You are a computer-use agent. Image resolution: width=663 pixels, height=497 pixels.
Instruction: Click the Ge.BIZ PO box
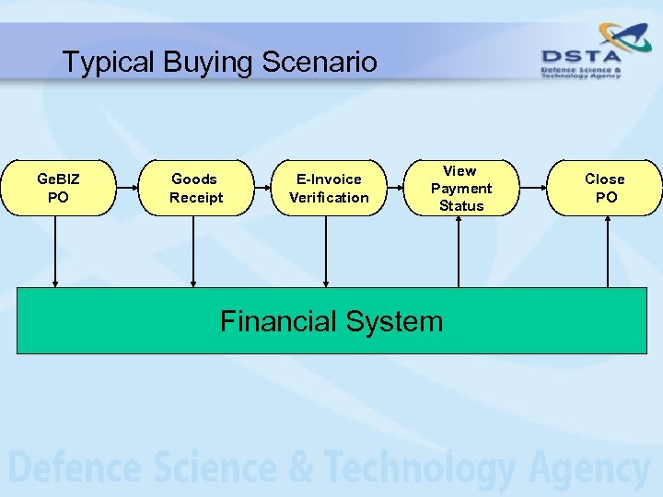58,188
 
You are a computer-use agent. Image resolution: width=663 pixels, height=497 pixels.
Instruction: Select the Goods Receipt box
194,188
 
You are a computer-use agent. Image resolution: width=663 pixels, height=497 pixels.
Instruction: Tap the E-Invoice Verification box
329,188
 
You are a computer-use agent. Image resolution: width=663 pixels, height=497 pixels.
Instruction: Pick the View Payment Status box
461,188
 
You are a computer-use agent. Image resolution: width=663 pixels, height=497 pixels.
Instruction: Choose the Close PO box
605,188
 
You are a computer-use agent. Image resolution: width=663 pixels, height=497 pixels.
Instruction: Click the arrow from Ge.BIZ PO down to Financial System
55,250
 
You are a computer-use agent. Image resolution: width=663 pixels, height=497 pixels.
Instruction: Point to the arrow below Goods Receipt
193,250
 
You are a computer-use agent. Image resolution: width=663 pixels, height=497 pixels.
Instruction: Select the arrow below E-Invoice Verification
325,250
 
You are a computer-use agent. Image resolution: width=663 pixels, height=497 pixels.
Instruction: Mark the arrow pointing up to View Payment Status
459,250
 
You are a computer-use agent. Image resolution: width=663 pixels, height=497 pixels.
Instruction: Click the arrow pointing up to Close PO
608,250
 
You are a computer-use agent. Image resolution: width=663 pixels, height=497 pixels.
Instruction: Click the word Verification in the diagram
329,198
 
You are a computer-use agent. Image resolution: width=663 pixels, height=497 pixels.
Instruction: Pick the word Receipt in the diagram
196,198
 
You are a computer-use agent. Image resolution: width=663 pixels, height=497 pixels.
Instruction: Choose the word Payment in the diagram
461,189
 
